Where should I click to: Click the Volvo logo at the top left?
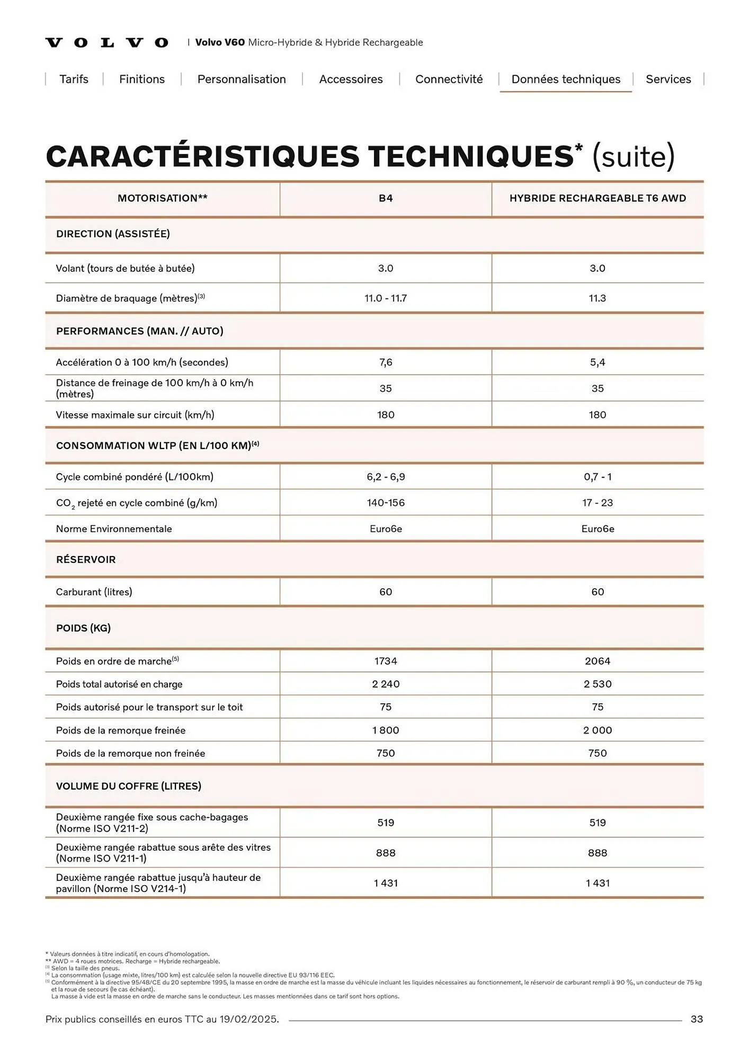tap(106, 42)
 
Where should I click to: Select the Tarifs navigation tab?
tap(74, 79)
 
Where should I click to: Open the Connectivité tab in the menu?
tap(449, 79)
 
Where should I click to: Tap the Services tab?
tap(668, 79)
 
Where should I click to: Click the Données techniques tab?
tap(565, 79)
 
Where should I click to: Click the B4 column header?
tap(386, 198)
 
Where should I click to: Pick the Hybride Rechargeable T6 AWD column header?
tap(598, 198)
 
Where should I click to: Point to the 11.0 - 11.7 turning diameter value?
tap(386, 298)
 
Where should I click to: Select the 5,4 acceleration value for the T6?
tap(598, 363)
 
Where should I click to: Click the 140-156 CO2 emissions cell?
tap(386, 502)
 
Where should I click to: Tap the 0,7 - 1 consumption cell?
tap(598, 476)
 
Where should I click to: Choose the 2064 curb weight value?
tap(598, 661)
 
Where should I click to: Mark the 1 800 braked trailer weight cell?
tap(386, 730)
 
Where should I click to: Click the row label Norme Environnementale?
tap(114, 528)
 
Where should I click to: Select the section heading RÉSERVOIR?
tap(86, 560)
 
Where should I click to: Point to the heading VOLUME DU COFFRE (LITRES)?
tap(129, 786)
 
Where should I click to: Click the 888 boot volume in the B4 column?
tap(386, 853)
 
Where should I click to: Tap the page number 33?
tap(697, 1019)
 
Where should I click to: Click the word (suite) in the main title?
tap(634, 156)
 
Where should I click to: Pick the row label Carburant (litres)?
tap(94, 591)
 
